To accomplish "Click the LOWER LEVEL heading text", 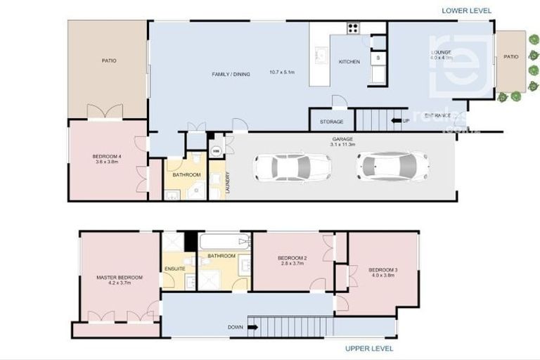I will point(466,11).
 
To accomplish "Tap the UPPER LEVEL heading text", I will point(369,348).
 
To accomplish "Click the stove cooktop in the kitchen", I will point(352,29).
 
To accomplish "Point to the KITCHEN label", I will point(349,62).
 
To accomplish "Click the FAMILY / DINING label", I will point(231,74).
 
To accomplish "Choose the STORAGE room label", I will point(332,122).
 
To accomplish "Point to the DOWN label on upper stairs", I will point(236,327).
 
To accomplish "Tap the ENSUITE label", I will point(174,269).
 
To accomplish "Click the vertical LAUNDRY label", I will point(228,184).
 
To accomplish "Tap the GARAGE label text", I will point(343,139).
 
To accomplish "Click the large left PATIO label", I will point(108,61).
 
